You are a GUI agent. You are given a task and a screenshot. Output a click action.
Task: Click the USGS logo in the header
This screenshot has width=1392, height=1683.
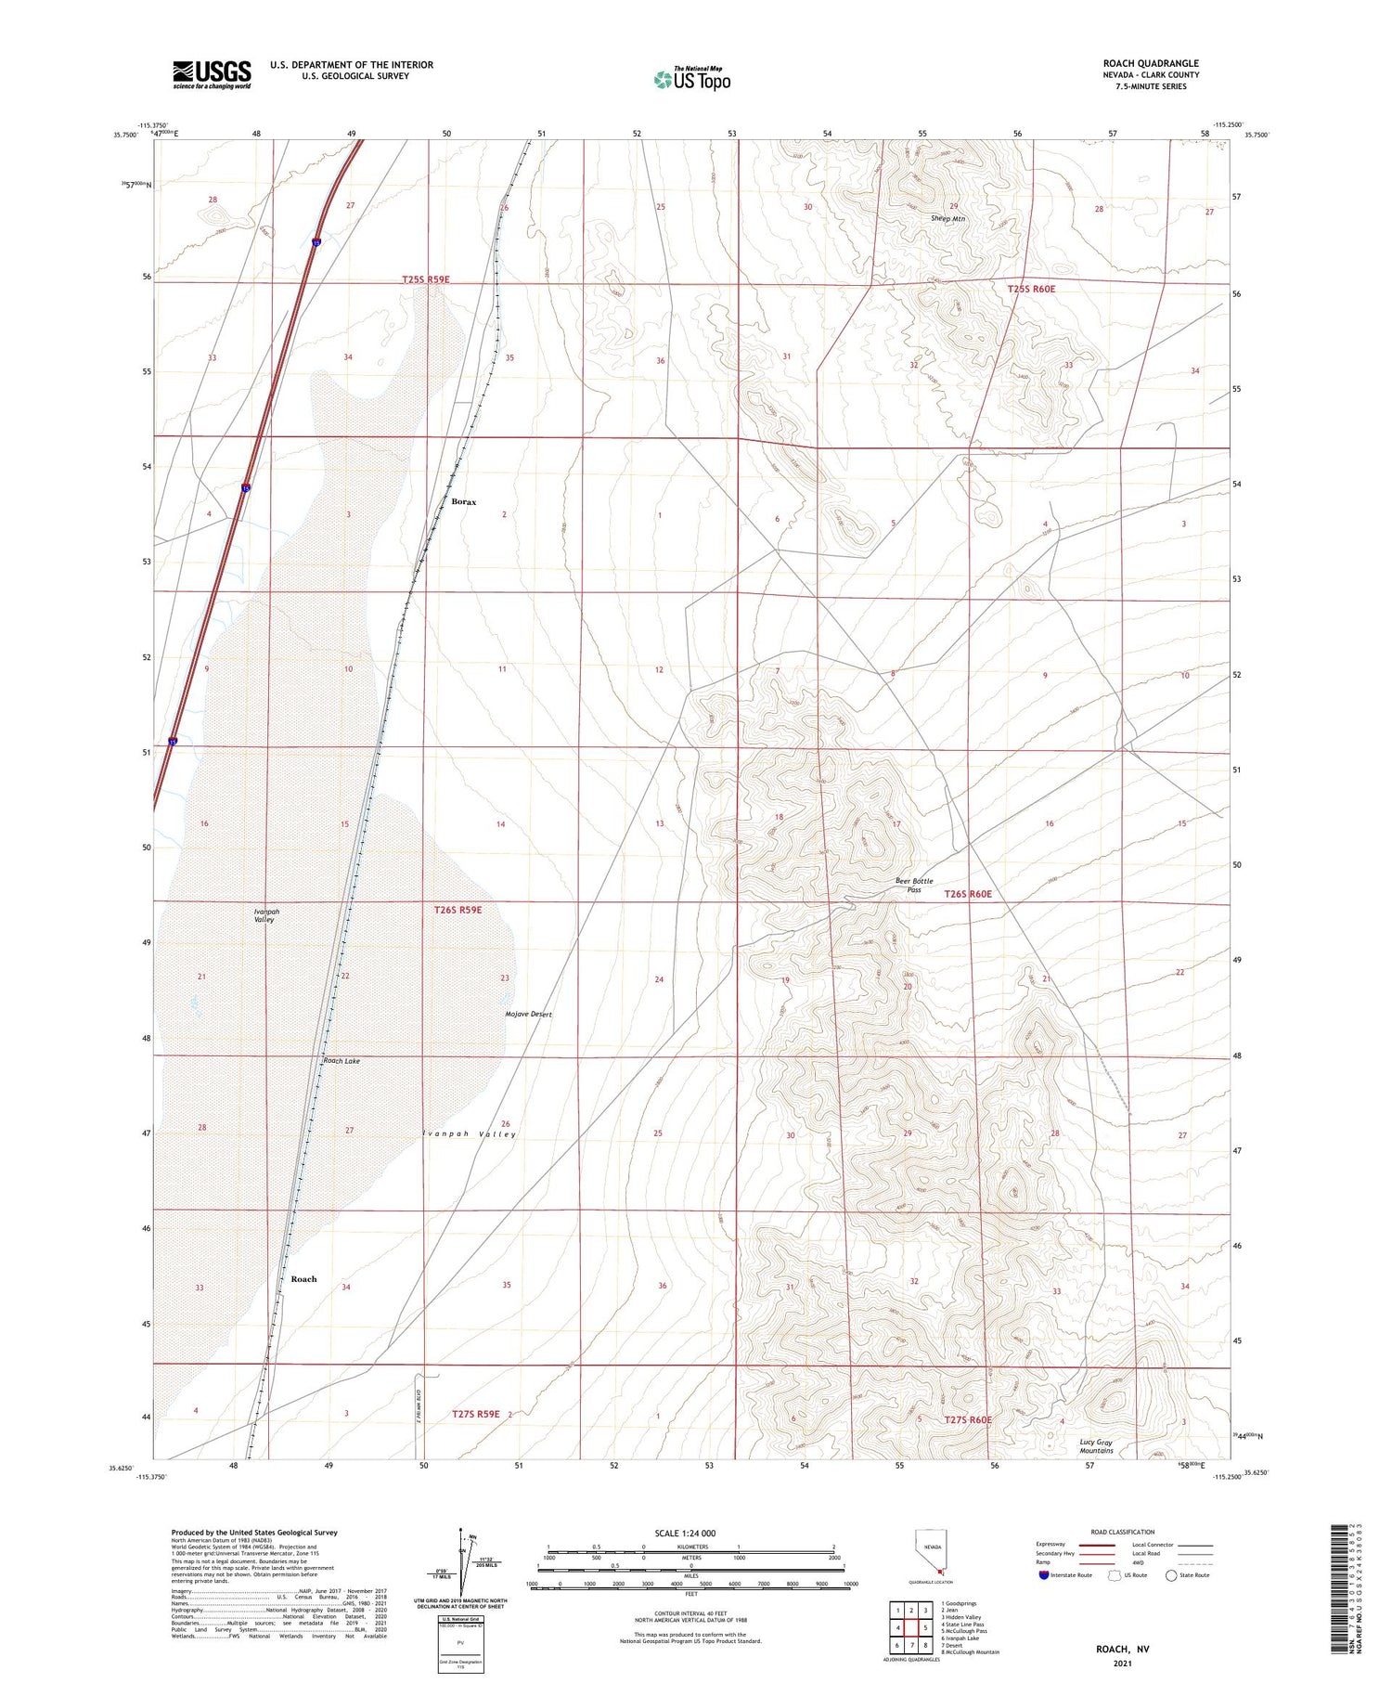(x=212, y=74)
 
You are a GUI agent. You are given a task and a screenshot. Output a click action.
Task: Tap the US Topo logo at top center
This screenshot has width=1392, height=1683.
(x=691, y=79)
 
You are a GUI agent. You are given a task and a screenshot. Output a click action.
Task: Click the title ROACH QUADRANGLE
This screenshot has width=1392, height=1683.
(x=1151, y=63)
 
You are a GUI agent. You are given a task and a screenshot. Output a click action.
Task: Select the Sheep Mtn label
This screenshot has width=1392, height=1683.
(x=947, y=219)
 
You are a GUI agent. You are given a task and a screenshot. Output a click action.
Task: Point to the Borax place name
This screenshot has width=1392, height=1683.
(x=463, y=502)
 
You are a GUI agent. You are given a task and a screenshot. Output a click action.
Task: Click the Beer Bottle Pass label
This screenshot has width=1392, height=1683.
(x=914, y=885)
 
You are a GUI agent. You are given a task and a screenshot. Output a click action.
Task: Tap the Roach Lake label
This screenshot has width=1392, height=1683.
(x=341, y=1060)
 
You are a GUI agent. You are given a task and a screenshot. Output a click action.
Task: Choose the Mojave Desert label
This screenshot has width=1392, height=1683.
(x=528, y=1014)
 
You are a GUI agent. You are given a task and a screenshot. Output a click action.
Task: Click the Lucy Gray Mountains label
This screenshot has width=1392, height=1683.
(x=1096, y=1446)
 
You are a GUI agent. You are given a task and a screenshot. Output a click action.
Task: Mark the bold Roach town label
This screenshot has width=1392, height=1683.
(x=303, y=1279)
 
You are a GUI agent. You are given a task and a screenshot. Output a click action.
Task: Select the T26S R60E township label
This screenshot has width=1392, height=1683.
(x=968, y=894)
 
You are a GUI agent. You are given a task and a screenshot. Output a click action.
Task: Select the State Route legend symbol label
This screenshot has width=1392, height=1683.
(x=1196, y=1575)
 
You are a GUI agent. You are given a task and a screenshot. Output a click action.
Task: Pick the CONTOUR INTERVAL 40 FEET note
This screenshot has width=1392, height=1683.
(x=690, y=1614)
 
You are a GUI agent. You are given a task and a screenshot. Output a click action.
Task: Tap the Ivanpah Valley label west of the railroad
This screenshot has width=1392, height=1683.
(x=265, y=915)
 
